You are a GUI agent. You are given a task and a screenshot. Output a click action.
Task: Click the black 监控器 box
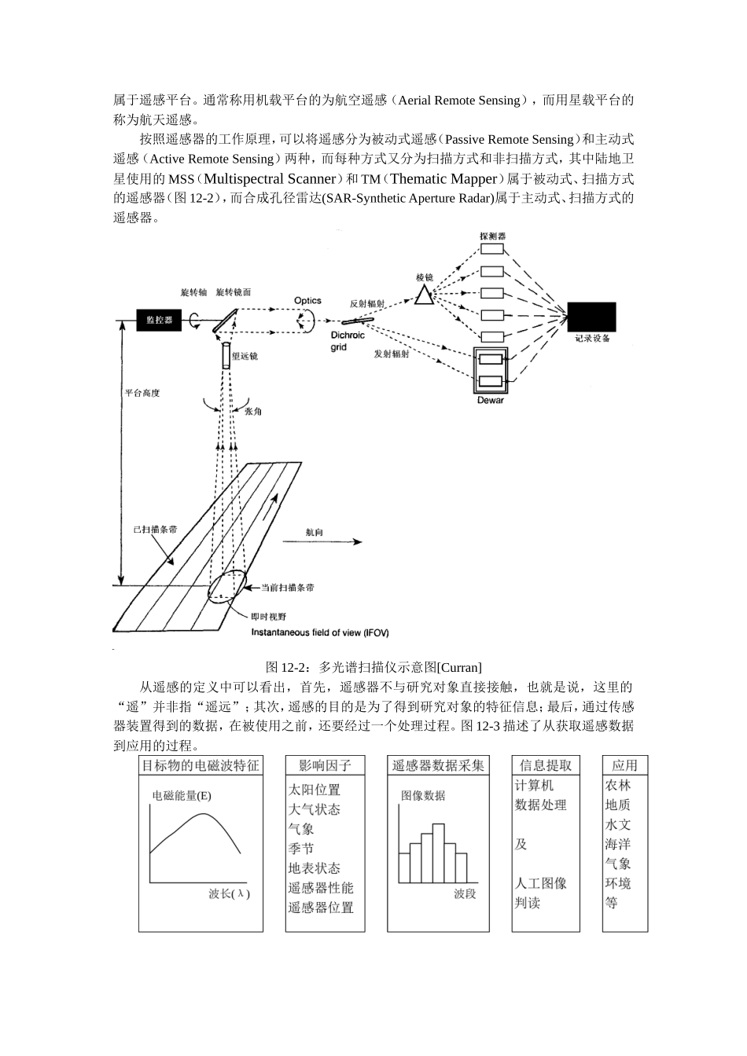[159, 320]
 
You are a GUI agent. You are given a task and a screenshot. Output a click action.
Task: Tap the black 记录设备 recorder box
[591, 317]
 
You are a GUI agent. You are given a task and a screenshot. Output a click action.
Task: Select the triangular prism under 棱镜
[425, 295]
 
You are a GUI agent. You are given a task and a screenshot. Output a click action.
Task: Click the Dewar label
[491, 401]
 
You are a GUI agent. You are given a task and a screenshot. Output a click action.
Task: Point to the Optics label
[307, 300]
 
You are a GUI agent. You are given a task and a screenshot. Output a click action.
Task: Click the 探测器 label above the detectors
[492, 236]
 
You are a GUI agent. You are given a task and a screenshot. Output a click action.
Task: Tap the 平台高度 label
[142, 393]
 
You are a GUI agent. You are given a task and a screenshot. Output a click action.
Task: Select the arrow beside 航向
[346, 541]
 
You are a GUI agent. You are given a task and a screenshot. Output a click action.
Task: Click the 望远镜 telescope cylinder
[226, 356]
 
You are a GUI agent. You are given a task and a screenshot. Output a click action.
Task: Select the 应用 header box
[625, 765]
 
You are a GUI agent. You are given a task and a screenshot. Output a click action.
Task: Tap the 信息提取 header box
[545, 765]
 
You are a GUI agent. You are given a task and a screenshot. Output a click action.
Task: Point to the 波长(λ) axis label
[230, 894]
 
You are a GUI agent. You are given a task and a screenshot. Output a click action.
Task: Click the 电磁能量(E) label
[182, 795]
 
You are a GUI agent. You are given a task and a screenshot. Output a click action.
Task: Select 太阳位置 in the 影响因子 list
[315, 789]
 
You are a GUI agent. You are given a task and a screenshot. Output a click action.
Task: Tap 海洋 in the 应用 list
[618, 844]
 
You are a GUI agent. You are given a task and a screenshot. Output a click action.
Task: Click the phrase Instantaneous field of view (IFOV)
[319, 632]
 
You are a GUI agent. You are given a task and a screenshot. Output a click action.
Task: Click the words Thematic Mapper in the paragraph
[444, 179]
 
